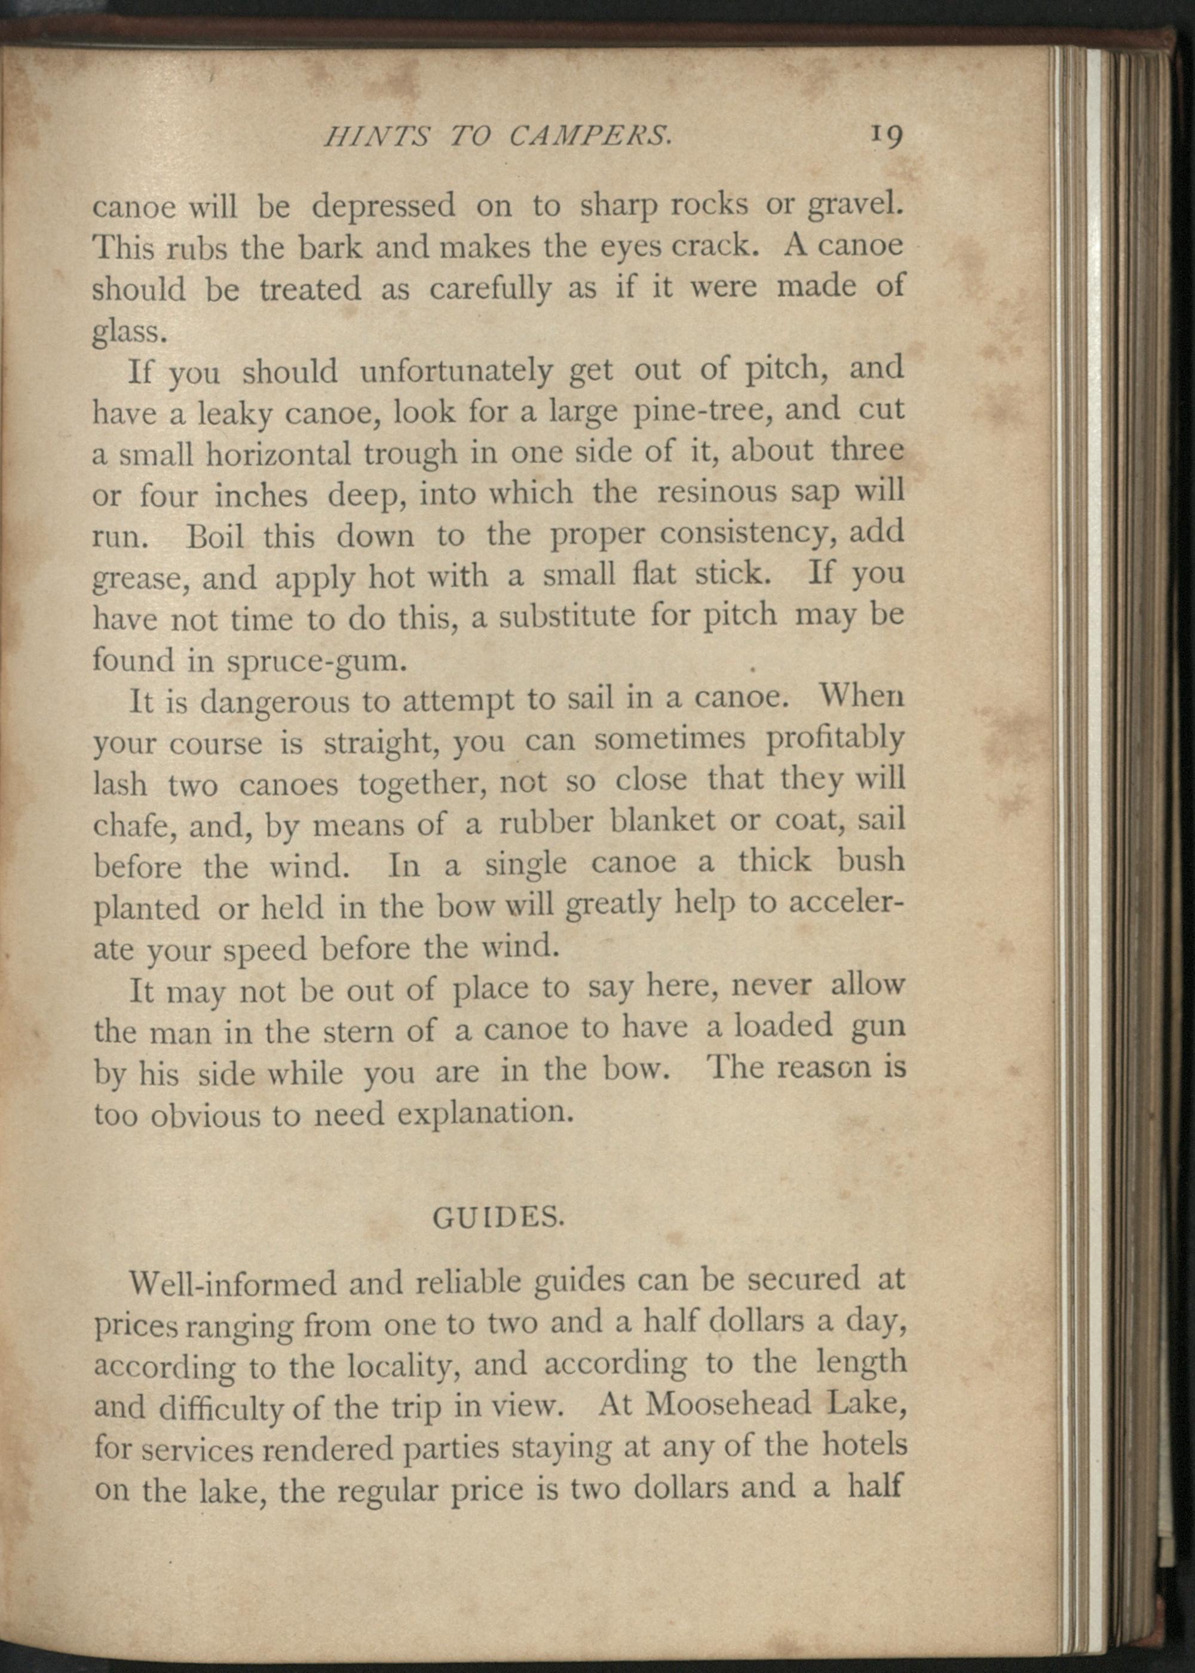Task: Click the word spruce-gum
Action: tap(317, 661)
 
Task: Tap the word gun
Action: tap(877, 1027)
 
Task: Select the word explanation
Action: tap(484, 1114)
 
